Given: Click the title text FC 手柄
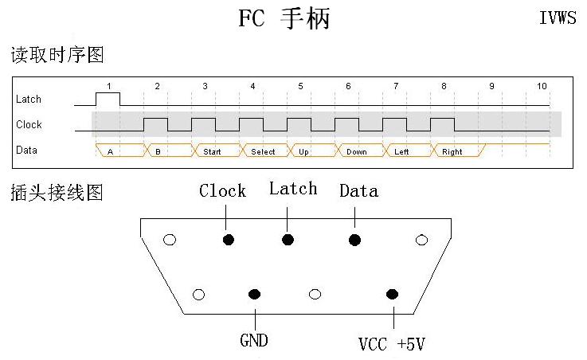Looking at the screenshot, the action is point(284,18).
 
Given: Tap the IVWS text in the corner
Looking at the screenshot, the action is point(558,18).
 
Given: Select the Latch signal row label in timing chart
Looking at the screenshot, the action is point(29,100).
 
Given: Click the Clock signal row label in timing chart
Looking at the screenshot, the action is point(29,124).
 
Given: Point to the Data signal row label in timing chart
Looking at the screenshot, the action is point(26,150).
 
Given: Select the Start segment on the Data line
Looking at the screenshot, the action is point(217,150).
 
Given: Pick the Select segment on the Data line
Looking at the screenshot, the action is point(265,150).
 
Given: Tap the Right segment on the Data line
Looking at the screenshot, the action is point(458,150).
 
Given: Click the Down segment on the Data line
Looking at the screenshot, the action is point(361,150).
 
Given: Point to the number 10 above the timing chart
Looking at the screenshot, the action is point(542,86).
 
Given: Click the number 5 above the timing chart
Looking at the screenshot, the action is point(300,86).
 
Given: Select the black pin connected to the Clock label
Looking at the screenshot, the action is point(229,240).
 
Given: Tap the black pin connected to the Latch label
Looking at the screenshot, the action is point(288,240).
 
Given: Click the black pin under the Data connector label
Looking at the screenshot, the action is point(354,240).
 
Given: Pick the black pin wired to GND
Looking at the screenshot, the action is point(255,294).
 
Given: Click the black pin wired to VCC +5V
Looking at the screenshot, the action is point(392,294).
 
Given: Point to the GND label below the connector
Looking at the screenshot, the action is point(254,340).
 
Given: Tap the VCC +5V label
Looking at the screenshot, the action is point(392,344).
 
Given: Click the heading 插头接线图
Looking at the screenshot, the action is point(57,193).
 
